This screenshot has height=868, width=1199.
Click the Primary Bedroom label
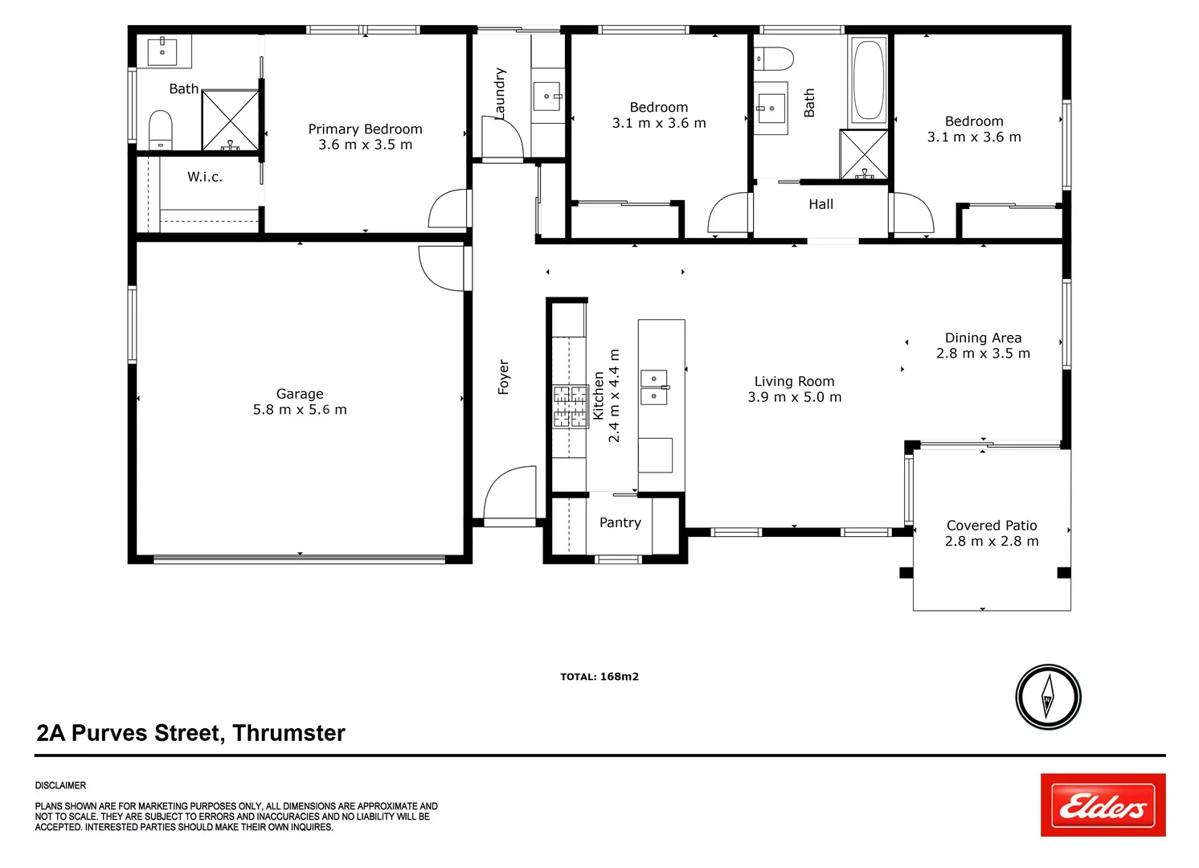(x=365, y=129)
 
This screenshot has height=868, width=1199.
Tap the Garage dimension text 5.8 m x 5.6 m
(x=300, y=410)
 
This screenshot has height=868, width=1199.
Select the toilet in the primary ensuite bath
(x=161, y=131)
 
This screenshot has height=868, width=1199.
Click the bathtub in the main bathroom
(x=868, y=81)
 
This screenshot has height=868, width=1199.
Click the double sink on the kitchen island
(x=654, y=387)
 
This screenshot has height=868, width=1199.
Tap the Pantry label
(x=620, y=522)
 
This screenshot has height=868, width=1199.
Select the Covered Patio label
(x=992, y=526)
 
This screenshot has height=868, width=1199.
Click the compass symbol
(x=1048, y=697)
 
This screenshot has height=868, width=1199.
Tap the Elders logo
(x=1103, y=805)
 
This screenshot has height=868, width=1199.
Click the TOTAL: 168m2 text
(x=599, y=677)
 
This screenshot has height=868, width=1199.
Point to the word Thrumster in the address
(x=289, y=733)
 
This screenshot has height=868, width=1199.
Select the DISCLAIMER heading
(x=60, y=785)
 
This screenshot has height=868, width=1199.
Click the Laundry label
(x=499, y=93)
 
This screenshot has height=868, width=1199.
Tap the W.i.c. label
(x=204, y=177)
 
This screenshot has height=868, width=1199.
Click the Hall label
(x=821, y=204)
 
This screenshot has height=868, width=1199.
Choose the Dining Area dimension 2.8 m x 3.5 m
(x=984, y=354)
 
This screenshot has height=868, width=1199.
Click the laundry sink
(x=547, y=96)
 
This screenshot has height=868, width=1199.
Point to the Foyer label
(x=504, y=377)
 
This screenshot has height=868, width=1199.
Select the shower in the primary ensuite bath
(x=230, y=121)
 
